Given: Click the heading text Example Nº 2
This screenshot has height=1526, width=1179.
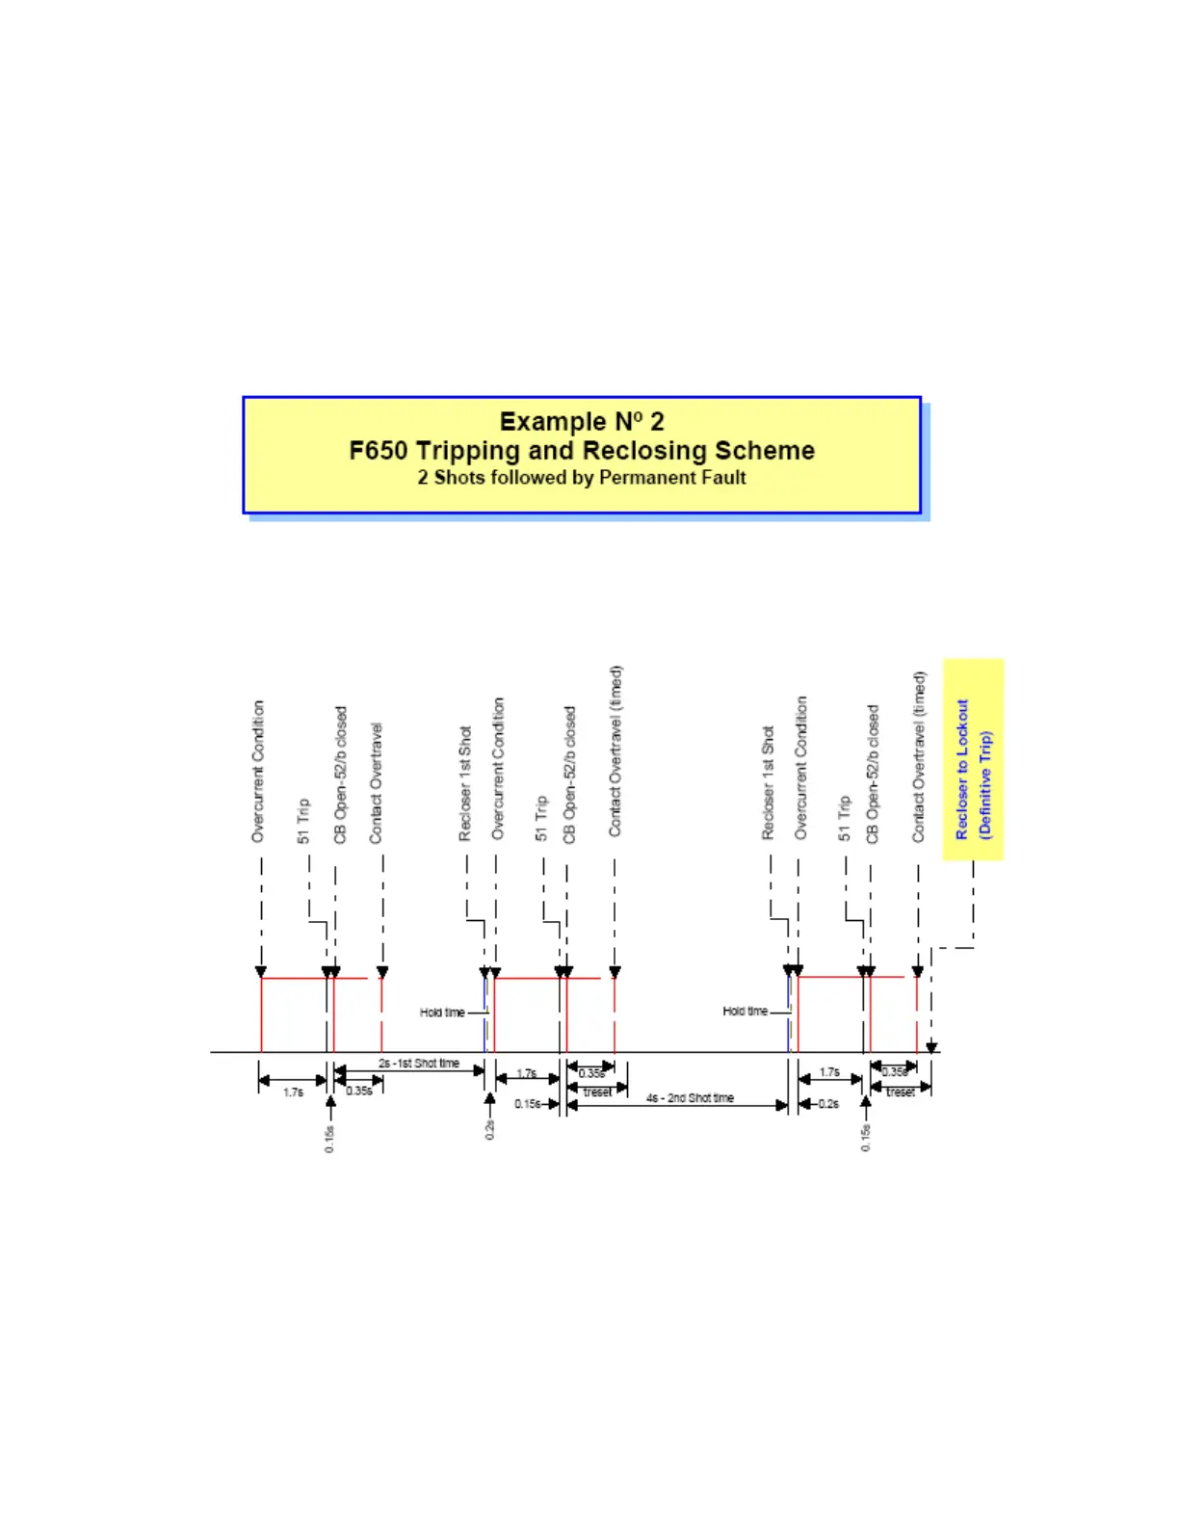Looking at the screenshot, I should click(582, 422).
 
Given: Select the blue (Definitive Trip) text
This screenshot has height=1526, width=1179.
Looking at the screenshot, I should click(984, 784).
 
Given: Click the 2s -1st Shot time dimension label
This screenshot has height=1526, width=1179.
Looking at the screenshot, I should click(419, 1064).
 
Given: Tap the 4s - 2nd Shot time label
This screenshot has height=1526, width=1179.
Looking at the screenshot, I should click(690, 1098).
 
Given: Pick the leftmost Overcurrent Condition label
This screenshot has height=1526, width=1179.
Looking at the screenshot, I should click(258, 771).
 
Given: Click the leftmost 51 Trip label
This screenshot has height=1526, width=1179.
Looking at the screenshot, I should click(304, 821).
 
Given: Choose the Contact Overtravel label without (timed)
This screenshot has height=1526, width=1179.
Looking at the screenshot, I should click(376, 783).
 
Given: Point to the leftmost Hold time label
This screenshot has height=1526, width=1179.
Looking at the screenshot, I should click(442, 1013).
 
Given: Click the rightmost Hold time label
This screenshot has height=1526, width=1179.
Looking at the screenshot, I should click(746, 1012).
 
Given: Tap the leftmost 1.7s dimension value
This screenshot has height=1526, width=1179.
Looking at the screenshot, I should click(294, 1092).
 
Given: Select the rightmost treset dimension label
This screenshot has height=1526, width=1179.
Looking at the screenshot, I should click(901, 1092).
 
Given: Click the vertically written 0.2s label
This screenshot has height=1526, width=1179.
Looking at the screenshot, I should click(489, 1130).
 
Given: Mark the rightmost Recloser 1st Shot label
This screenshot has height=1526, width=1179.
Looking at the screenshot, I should click(768, 782).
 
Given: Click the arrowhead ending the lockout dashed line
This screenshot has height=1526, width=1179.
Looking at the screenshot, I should click(931, 1047).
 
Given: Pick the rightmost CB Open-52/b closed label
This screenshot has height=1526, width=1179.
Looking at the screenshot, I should click(873, 774).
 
